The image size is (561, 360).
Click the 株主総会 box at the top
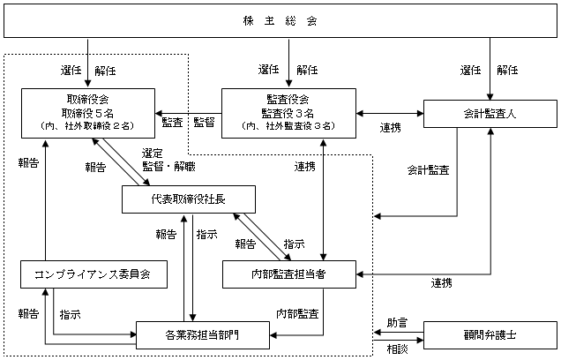pos(280,21)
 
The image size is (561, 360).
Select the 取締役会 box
pos(88,114)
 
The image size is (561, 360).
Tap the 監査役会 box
pos(288,114)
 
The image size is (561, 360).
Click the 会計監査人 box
pos(490,114)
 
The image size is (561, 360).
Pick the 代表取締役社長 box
pos(189,199)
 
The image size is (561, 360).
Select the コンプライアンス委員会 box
pos(93,274)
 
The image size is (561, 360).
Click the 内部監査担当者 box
pos(289,274)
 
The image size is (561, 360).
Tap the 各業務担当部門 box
pos(203,335)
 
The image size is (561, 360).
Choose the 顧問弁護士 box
pos(490,335)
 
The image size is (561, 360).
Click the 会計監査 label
pos(429,170)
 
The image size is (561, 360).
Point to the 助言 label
pos(397,323)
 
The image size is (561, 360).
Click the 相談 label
pos(397,349)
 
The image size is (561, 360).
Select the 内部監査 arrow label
pos(297,314)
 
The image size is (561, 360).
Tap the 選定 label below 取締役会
pos(152,154)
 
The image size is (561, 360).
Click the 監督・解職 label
pos(168,167)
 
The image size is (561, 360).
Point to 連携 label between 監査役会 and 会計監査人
pos(391,128)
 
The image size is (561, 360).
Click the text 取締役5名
pos(87,114)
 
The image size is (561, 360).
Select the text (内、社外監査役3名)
pos(288,126)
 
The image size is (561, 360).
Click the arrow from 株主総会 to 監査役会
pos(288,63)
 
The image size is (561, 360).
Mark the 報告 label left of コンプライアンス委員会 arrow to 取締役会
pos(28,163)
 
